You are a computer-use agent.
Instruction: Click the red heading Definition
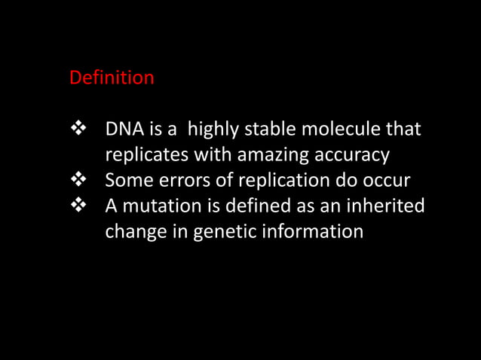(x=112, y=78)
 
